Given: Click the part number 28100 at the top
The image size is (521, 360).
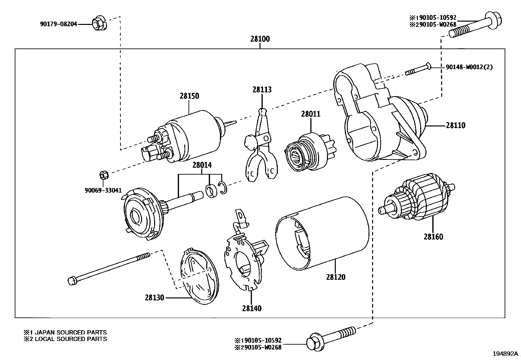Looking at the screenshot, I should (260, 39).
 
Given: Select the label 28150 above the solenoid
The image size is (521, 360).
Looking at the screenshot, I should (189, 96).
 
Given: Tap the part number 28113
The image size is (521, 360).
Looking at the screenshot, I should (262, 89).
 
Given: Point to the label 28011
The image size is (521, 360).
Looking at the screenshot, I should (311, 114).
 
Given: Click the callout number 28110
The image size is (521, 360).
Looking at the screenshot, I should (455, 125).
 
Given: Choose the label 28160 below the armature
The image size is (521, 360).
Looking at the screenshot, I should (433, 237).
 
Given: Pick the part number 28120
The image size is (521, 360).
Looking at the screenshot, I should (335, 277).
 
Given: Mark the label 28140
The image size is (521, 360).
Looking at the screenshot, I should (252, 308).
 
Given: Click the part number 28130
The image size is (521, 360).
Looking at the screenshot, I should (155, 298).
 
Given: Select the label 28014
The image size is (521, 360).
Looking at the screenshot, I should (202, 165).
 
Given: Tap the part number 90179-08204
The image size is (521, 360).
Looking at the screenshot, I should (59, 24).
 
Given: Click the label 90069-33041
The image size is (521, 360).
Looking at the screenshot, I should (103, 190).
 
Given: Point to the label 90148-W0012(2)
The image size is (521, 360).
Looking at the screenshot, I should (469, 67).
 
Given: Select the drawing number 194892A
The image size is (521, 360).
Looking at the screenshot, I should (506, 354).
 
